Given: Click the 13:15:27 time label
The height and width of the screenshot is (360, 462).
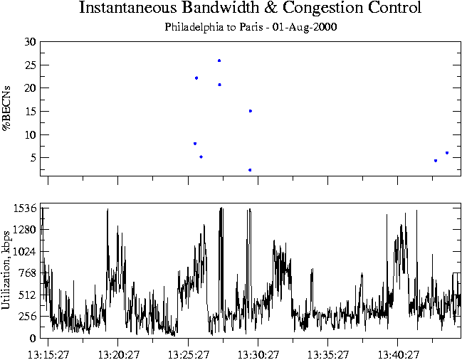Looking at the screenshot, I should (48, 353).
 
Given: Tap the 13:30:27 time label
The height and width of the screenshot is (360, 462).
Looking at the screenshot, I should (258, 353).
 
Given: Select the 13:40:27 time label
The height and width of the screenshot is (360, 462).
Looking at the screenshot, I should (398, 353).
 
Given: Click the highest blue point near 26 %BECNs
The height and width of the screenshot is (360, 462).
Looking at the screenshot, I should (219, 60).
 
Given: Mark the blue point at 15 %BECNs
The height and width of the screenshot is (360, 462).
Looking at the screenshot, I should (251, 111).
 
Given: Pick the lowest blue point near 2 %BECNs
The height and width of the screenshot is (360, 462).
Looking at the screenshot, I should (250, 170).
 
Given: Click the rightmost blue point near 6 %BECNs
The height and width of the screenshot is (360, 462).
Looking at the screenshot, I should (447, 153).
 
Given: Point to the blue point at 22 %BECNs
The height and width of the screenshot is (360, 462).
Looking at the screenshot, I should (196, 78).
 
